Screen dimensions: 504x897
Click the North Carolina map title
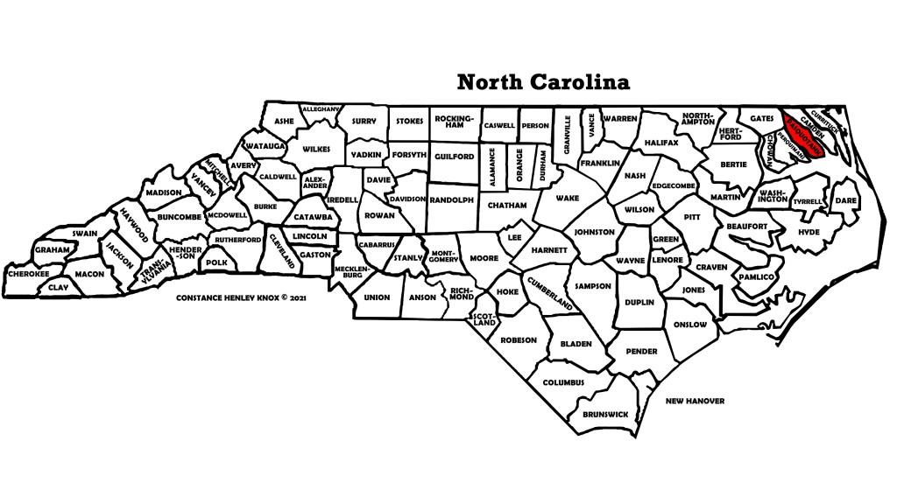(x=543, y=82)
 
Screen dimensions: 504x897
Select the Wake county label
(x=568, y=198)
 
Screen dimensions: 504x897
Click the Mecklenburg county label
(x=348, y=272)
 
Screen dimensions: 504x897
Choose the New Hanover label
(x=695, y=401)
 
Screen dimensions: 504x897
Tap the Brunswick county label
(x=604, y=413)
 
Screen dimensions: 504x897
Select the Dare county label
(x=845, y=200)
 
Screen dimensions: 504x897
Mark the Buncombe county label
(x=180, y=216)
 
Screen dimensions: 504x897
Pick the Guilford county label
(x=453, y=157)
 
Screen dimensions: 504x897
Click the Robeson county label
(x=518, y=339)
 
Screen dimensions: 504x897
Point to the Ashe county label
(x=284, y=122)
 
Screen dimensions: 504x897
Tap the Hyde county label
(x=809, y=232)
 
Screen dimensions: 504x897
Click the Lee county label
(x=514, y=237)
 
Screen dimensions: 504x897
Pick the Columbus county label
(x=563, y=382)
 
